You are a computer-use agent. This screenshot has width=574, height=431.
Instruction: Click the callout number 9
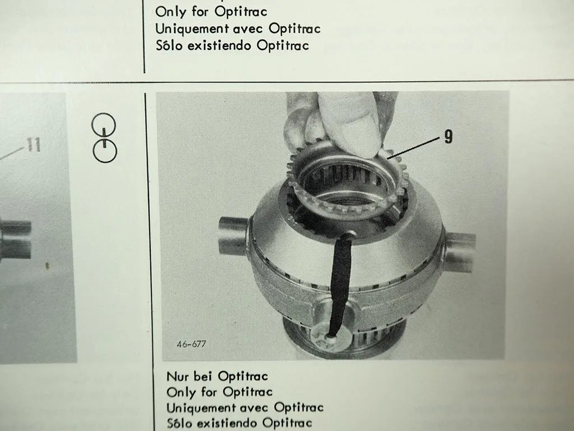pyautogui.click(x=448, y=137)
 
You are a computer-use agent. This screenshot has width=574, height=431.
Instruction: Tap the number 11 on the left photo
pyautogui.click(x=33, y=145)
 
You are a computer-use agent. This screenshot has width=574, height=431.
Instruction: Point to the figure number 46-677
pyautogui.click(x=191, y=344)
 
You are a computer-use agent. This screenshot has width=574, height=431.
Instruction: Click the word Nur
pyautogui.click(x=178, y=377)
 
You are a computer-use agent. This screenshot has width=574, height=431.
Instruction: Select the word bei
pyautogui.click(x=203, y=377)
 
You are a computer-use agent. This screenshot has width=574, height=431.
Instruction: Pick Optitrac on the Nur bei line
pyautogui.click(x=243, y=377)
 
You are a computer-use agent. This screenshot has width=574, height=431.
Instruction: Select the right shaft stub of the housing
pyautogui.click(x=460, y=251)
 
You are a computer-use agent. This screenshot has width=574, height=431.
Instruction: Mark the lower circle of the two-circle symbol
pyautogui.click(x=105, y=150)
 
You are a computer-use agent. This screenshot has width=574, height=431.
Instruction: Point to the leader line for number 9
pyautogui.click(x=414, y=148)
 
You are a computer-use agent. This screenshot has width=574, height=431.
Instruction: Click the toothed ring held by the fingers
pyautogui.click(x=346, y=184)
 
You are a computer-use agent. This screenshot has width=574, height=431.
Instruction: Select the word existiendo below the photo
pyautogui.click(x=228, y=423)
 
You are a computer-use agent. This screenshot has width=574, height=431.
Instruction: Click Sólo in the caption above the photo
pyautogui.click(x=168, y=45)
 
